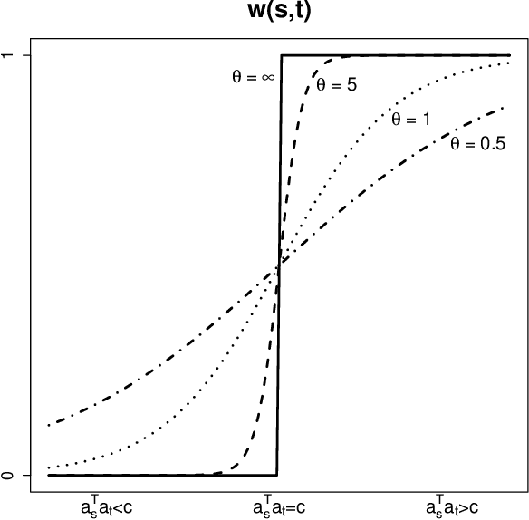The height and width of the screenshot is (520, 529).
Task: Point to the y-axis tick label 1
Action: click(x=9, y=56)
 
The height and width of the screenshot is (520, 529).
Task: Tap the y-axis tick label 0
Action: click(x=9, y=475)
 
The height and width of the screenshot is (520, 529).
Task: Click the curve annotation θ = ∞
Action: click(x=253, y=78)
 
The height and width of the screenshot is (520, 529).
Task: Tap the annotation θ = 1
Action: click(x=409, y=120)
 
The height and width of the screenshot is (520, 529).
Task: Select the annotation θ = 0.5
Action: click(x=477, y=143)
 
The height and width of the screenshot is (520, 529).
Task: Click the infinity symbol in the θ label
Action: click(x=267, y=78)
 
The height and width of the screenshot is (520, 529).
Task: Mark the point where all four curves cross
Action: click(x=279, y=265)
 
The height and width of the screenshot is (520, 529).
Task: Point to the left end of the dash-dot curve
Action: click(x=49, y=424)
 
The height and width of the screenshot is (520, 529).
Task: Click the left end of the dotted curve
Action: click(x=49, y=467)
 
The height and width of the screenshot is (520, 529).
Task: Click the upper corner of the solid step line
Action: click(x=282, y=56)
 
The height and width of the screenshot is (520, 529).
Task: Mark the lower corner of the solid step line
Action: click(x=276, y=475)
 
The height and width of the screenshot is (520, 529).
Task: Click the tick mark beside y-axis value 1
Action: click(x=25, y=56)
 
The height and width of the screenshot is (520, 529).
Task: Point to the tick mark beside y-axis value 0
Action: click(x=25, y=475)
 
